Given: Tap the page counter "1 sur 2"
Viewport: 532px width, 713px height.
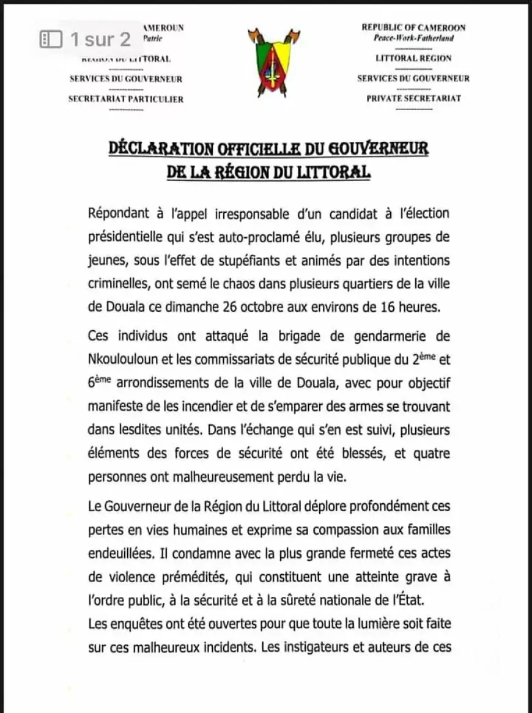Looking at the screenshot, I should (x=100, y=40).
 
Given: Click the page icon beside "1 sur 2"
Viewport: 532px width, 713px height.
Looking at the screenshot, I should (x=51, y=40).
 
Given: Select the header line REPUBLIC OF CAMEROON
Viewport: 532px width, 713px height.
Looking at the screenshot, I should (x=413, y=28).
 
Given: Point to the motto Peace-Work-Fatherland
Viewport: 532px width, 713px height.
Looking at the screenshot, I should (x=413, y=38).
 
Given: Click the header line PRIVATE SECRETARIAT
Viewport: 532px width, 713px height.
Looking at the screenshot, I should (x=413, y=98).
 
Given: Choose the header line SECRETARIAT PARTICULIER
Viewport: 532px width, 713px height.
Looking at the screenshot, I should (x=126, y=99).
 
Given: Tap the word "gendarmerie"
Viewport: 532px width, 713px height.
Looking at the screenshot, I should (x=391, y=336).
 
